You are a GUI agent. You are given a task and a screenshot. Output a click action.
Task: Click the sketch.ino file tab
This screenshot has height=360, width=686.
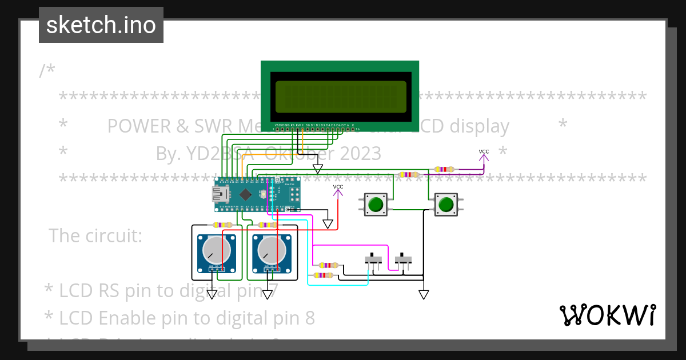tap(101, 25)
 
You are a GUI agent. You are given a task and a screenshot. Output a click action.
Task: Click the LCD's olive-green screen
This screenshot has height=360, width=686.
tap(341, 97)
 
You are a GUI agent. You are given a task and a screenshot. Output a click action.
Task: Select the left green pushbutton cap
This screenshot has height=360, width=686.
tap(376, 205)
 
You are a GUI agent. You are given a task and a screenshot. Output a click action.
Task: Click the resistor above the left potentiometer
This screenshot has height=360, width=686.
tap(222, 225)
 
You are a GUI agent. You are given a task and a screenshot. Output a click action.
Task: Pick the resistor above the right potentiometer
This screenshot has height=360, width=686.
tap(268, 225)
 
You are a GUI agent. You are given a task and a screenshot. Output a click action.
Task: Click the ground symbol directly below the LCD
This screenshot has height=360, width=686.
tap(317, 169)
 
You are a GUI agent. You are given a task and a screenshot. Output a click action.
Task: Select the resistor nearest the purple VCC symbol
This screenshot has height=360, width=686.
tap(444, 169)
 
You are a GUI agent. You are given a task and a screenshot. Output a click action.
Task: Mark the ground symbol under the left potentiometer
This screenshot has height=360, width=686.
tap(212, 294)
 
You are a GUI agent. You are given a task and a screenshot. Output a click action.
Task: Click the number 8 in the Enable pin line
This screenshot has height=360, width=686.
tap(309, 318)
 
